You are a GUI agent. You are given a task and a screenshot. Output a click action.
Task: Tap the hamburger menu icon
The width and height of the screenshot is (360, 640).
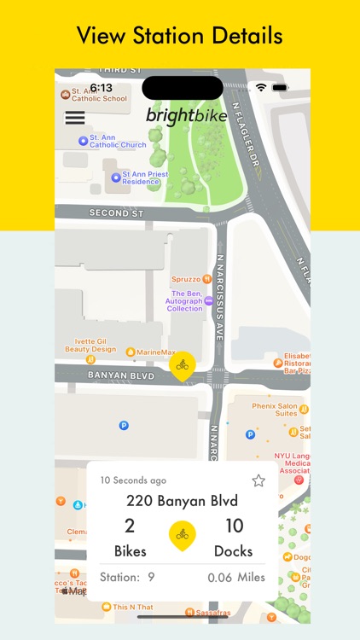75,118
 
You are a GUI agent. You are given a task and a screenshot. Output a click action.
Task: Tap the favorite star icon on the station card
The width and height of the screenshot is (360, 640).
258,480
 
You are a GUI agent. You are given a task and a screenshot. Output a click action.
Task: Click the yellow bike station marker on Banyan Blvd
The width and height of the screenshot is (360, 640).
182,366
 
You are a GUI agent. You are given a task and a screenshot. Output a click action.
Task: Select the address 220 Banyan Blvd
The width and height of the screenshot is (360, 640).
182,501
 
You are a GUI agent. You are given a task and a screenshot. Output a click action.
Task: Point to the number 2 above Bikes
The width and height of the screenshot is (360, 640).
130,527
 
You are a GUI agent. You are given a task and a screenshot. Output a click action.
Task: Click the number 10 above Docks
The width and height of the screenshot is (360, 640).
234,527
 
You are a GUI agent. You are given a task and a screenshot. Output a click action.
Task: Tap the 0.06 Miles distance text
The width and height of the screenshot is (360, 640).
236,578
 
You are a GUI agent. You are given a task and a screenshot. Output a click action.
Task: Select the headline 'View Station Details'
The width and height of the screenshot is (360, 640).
180,36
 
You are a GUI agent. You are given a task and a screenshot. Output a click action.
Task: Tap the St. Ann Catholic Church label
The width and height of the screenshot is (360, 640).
118,141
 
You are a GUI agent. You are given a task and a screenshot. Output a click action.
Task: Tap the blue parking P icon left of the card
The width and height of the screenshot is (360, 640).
124,424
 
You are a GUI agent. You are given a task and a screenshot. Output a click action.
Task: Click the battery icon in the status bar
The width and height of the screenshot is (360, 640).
280,87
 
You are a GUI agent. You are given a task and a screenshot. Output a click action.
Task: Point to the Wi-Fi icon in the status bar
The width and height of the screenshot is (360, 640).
260,87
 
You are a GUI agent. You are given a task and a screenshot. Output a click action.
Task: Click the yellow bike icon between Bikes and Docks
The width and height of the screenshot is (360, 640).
182,535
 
